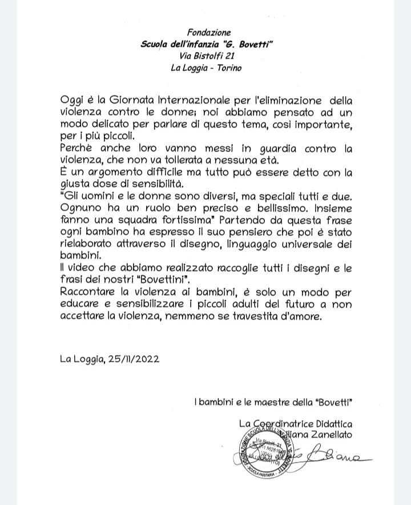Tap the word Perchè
pyautogui.click(x=78, y=149)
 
